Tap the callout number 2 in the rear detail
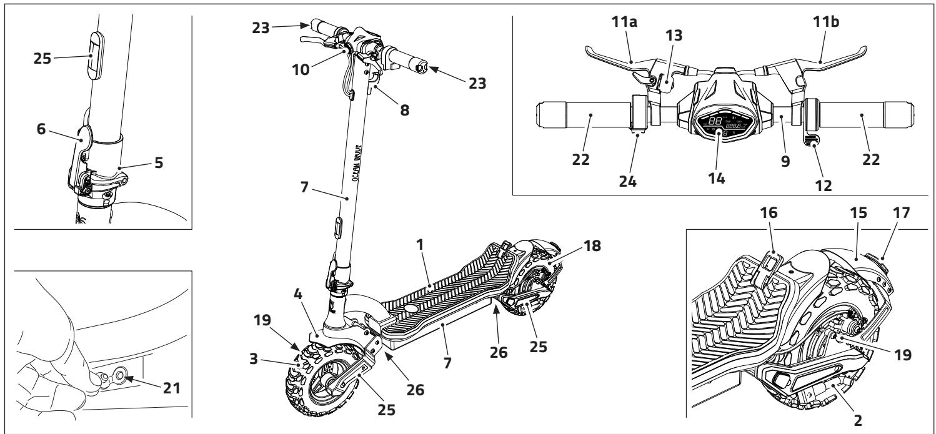coord(858,420)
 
